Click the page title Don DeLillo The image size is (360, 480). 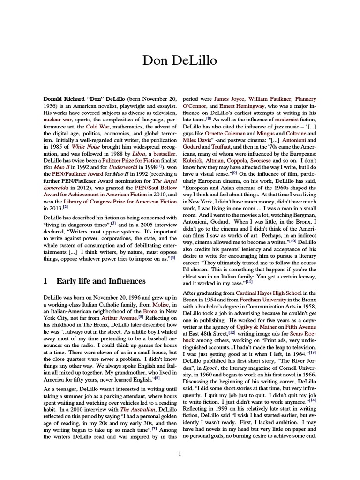click(x=180, y=61)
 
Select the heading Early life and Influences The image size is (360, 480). click(x=101, y=281)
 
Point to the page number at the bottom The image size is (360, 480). click(x=180, y=453)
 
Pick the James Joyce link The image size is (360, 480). click(x=228, y=99)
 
